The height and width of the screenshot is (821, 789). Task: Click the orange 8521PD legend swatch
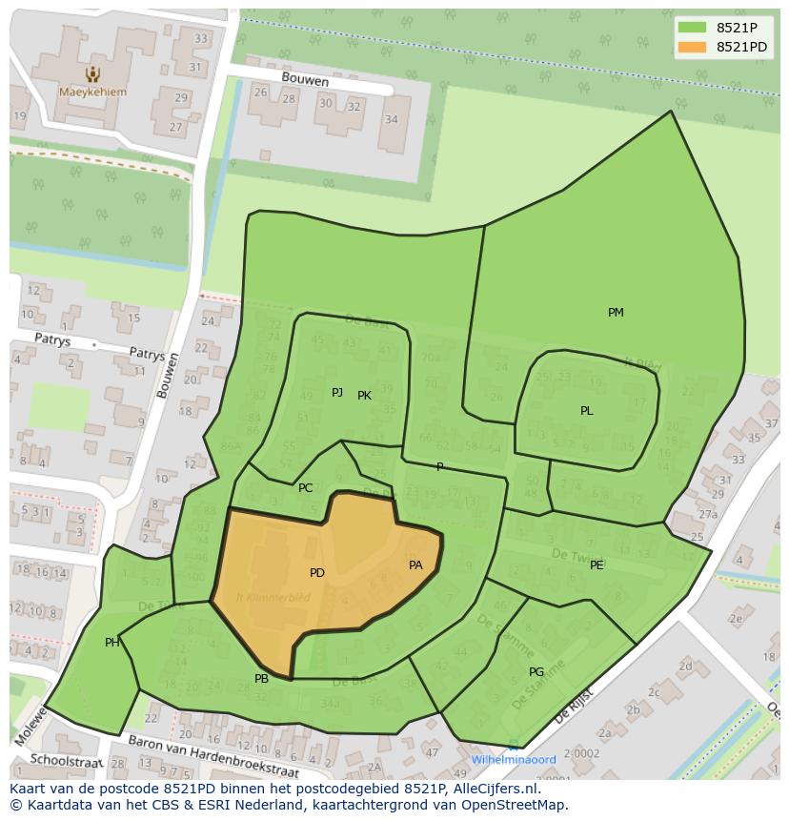(x=692, y=47)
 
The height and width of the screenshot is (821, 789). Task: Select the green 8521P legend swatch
(x=692, y=28)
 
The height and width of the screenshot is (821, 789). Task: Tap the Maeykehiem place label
(x=91, y=92)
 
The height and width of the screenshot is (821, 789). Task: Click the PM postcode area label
(x=616, y=313)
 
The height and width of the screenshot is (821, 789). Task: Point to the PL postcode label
(x=587, y=411)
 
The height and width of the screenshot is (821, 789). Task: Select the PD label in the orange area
(x=317, y=573)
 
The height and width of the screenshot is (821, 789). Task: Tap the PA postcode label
(x=415, y=565)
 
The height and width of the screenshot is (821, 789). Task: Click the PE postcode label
(x=597, y=565)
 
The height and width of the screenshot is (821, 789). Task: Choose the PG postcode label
(x=536, y=672)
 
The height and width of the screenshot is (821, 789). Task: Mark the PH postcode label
(x=112, y=643)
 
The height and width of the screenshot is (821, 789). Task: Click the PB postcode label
(x=261, y=679)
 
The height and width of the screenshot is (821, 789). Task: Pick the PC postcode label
(x=305, y=488)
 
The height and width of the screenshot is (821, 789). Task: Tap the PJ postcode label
(x=337, y=393)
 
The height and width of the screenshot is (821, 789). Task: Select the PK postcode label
(x=364, y=396)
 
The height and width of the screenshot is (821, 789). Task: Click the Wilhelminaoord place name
(x=514, y=760)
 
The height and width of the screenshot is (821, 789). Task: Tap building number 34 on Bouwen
(x=391, y=119)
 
